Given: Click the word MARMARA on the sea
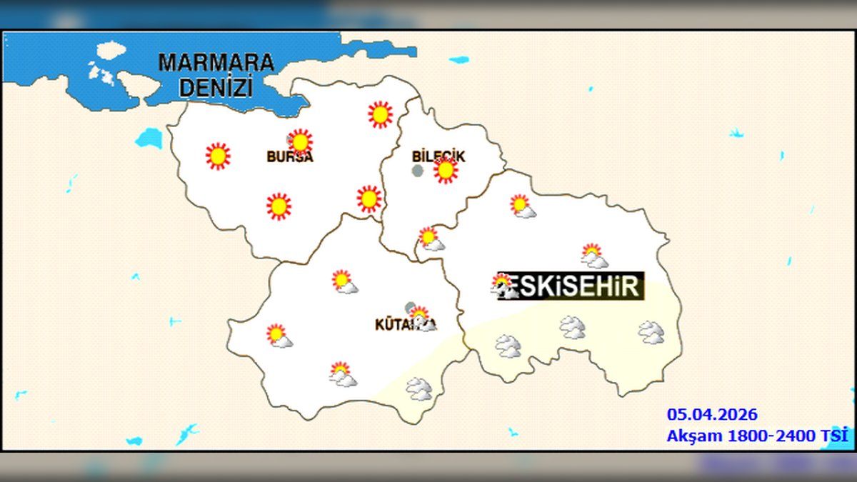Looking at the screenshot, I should (216, 63).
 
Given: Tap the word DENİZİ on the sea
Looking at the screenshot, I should (216, 88).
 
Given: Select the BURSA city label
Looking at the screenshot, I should (290, 157).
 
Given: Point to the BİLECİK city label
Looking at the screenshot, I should (438, 156).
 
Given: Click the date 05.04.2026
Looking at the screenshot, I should (712, 415).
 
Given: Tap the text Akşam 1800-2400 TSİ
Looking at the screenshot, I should (758, 436).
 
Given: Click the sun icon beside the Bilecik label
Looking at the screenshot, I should (446, 171).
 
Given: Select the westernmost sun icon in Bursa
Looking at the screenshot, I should (218, 156).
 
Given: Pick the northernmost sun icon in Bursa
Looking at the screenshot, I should (380, 114).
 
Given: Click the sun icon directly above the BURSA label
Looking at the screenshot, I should (301, 142).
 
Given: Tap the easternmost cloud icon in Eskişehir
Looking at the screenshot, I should (651, 332).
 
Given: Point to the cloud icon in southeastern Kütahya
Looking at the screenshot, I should (419, 389).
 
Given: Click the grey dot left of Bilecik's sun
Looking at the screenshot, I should (418, 171).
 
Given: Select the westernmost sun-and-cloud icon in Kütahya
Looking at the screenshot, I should (279, 336).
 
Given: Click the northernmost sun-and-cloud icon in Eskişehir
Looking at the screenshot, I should (523, 206).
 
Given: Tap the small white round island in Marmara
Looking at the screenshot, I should (111, 51).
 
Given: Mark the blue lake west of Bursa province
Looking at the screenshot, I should (149, 138).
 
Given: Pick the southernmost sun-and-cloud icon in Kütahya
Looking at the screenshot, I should (343, 374).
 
